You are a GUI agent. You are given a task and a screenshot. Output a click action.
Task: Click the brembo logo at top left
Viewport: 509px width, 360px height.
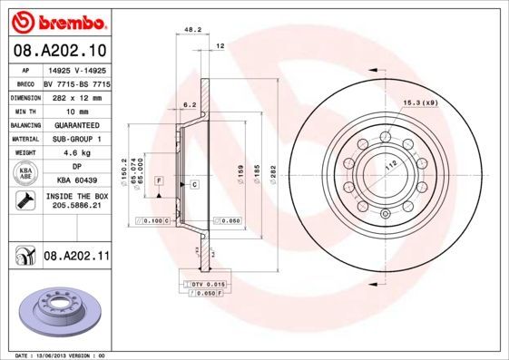(x=58, y=21)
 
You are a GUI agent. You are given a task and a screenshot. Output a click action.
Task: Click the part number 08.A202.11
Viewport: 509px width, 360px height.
(x=76, y=258)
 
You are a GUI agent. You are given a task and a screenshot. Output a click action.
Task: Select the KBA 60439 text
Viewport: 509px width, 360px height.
(x=75, y=181)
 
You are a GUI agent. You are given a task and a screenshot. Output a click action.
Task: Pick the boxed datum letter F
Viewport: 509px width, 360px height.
(x=159, y=181)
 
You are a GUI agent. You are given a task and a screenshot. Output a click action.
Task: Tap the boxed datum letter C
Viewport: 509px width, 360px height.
(x=194, y=184)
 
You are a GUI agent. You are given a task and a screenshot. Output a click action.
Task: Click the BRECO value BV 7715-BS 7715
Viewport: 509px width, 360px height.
(x=75, y=82)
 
